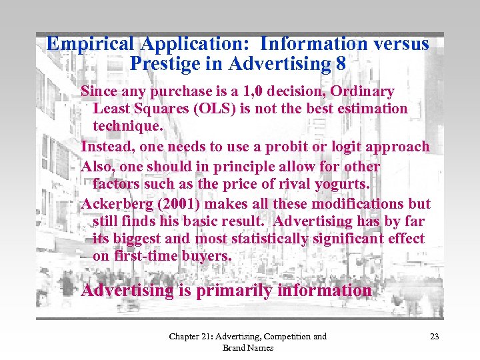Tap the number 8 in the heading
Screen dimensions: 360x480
tap(341, 64)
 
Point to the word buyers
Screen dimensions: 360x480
tap(206, 257)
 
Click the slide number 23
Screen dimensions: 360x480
tap(434, 337)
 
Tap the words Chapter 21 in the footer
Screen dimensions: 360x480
tap(189, 337)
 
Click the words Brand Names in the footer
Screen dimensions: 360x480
tap(248, 347)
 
